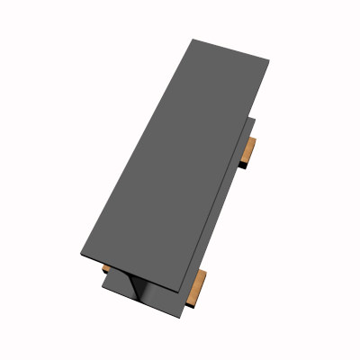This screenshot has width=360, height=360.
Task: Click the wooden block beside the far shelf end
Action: [250, 150]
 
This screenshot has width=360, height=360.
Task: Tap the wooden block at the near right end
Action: [197, 287]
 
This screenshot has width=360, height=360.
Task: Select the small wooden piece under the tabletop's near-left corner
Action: [106, 268]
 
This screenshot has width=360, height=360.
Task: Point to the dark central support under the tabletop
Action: [140, 287]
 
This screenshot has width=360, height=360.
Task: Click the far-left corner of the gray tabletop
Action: [193, 40]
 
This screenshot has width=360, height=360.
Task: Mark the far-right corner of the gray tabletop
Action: [269, 60]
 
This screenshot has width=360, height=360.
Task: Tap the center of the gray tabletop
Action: [176, 162]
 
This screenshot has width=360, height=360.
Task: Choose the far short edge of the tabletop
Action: [231, 49]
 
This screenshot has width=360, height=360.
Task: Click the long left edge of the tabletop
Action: [135, 148]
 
